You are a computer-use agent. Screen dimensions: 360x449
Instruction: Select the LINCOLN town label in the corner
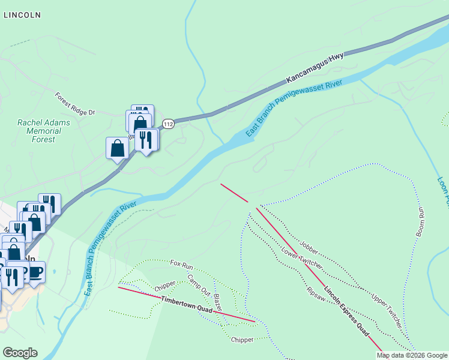pos(22,16)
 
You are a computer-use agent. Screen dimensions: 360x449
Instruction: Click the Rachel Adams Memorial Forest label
pos(44,131)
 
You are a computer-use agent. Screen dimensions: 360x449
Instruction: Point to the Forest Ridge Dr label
pos(75,104)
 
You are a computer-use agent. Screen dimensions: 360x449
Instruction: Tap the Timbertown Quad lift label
pos(187,304)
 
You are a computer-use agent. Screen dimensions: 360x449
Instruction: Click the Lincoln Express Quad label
pos(346,311)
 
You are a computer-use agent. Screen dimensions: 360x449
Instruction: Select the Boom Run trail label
pos(420,221)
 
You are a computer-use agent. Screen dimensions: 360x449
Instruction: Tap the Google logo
pos(20,353)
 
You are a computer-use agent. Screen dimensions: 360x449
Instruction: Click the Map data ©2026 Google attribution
pos(412,355)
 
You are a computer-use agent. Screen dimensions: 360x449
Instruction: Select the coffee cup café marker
pos(35,272)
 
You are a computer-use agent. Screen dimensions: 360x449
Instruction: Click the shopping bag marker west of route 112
pos(117,148)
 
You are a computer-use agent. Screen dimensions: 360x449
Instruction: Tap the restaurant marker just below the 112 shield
pos(146,140)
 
